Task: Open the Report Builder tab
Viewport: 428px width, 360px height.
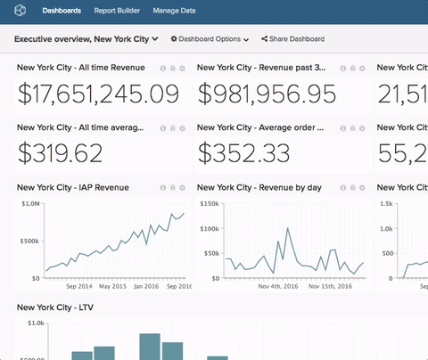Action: [x=117, y=11]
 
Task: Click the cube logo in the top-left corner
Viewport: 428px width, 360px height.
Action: [x=21, y=11]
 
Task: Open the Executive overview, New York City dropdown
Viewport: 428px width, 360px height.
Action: [x=86, y=39]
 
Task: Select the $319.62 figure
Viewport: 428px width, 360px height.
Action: [x=60, y=153]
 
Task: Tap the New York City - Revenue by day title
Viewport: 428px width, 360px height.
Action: [x=258, y=188]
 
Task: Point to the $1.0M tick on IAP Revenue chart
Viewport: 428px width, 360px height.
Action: [x=29, y=204]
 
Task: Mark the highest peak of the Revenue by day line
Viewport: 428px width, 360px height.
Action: [x=287, y=228]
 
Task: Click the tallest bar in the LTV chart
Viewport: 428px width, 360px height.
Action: [x=149, y=348]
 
